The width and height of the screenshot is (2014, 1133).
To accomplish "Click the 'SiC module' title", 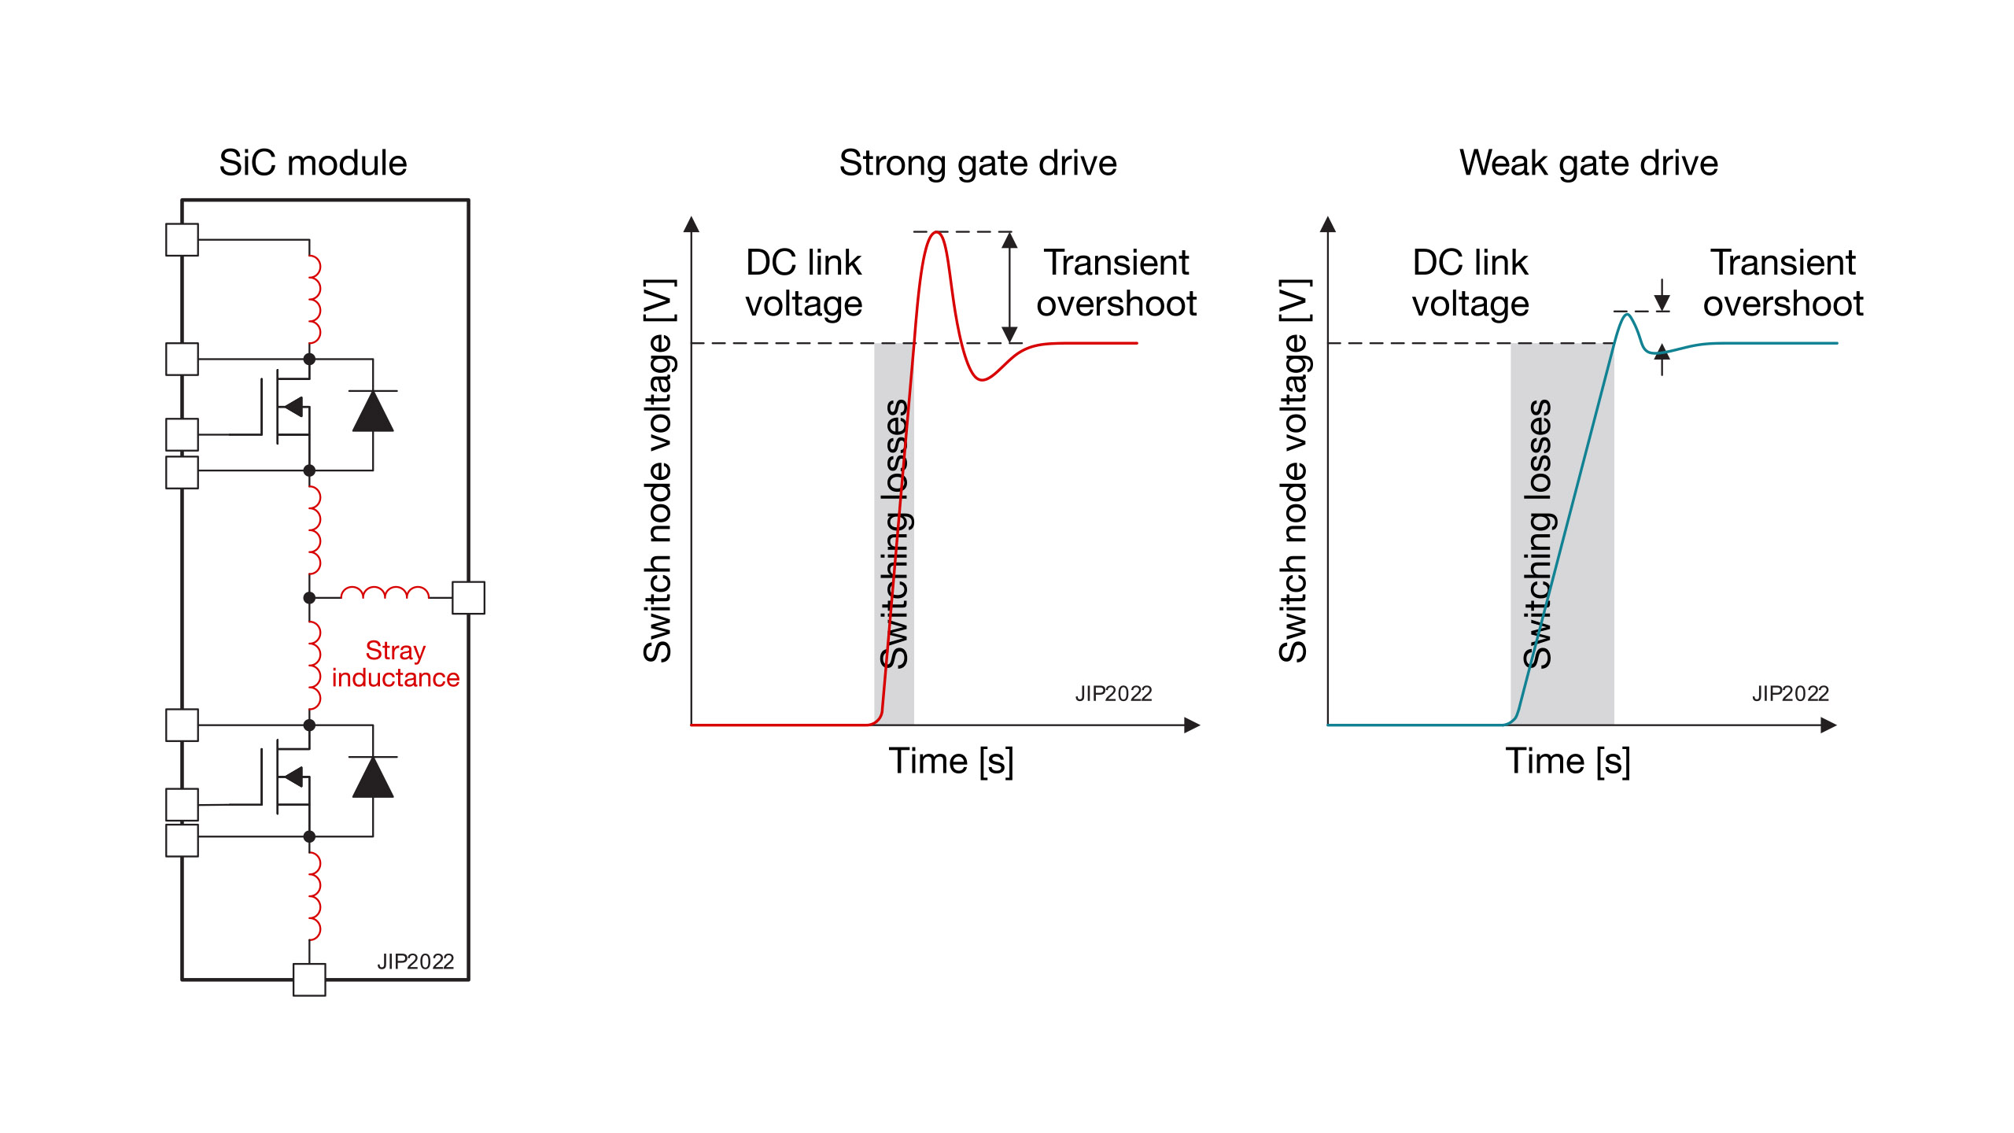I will [x=313, y=163].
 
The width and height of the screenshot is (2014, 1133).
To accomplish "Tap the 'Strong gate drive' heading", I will [x=978, y=163].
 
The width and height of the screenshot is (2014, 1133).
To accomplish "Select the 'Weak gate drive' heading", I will [x=1588, y=163].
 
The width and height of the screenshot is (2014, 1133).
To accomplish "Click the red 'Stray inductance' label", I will [x=395, y=664].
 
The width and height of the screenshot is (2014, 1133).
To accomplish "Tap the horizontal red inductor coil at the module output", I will [x=385, y=593].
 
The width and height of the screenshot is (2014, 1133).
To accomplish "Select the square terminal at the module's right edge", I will [x=469, y=598].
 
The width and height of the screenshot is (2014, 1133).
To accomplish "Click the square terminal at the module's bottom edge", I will [x=309, y=980].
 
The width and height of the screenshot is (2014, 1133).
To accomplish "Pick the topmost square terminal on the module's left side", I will [x=182, y=240].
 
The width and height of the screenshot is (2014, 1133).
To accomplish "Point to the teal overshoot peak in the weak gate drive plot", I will [x=1626, y=315].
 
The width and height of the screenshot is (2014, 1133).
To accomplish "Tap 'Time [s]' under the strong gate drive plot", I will [x=951, y=761].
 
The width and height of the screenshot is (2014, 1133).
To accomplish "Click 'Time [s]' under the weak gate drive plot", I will [x=1568, y=761].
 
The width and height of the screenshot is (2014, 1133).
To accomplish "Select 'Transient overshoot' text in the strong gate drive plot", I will [x=1116, y=283].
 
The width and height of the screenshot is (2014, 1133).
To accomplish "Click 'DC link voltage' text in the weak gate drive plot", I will [x=1470, y=283].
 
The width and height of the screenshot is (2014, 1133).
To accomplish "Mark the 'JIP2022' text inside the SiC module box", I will [x=415, y=961].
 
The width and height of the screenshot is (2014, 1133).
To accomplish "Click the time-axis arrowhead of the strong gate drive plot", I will [x=1192, y=725].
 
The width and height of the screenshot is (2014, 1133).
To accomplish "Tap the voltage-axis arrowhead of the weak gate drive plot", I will [x=1328, y=225].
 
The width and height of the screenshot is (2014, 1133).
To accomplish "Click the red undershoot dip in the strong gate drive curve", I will [x=982, y=379].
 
